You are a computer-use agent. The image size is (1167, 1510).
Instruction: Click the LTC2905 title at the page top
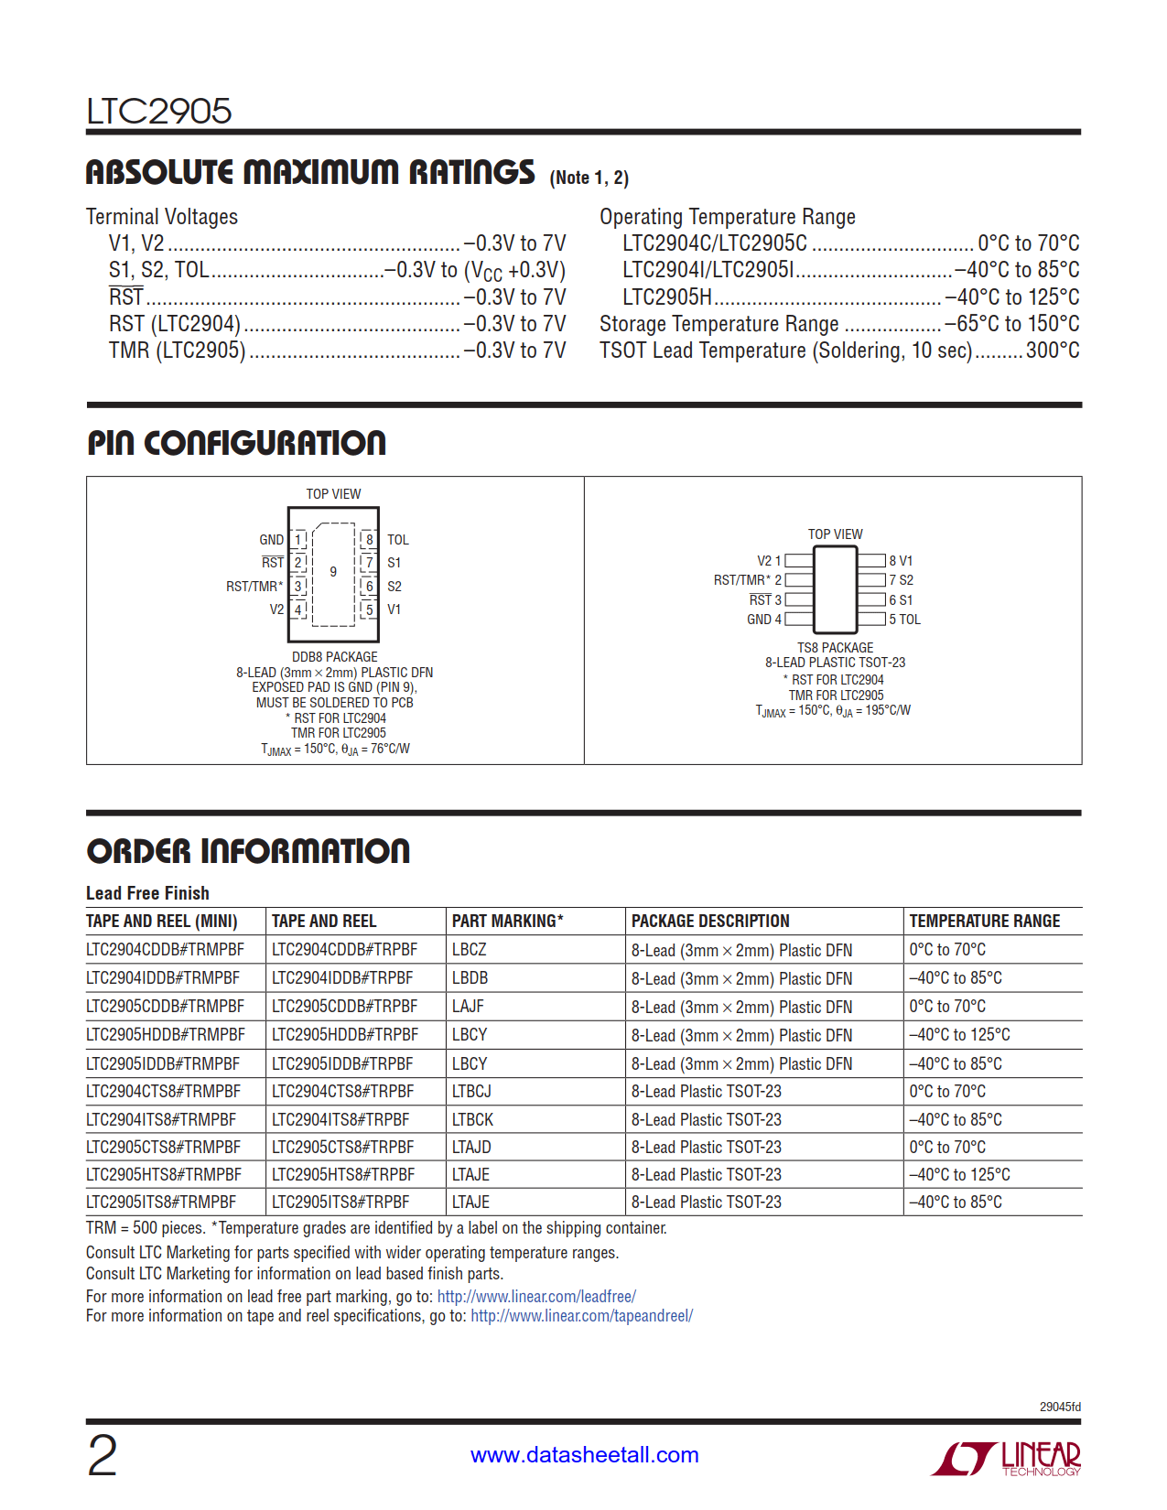click(x=159, y=112)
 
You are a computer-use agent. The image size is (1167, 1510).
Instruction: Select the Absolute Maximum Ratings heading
click(x=310, y=173)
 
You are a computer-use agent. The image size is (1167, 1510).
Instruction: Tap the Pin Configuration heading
click(x=236, y=444)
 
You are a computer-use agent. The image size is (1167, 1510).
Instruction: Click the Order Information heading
click(x=248, y=851)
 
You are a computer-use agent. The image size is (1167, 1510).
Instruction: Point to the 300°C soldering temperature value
click(x=1053, y=351)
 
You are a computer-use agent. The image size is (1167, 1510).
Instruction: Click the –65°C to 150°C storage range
click(x=1011, y=324)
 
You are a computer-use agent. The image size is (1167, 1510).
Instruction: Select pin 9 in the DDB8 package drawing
click(x=333, y=572)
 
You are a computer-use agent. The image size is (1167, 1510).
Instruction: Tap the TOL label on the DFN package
click(x=398, y=540)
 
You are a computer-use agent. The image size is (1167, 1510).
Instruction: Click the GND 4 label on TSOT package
click(x=764, y=620)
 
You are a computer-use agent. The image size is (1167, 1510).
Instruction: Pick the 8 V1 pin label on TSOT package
click(x=901, y=561)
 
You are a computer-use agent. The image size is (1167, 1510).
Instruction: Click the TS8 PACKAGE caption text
click(x=835, y=648)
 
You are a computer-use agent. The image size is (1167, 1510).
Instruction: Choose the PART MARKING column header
click(x=507, y=922)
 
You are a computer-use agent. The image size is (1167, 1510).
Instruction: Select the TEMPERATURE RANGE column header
click(x=984, y=922)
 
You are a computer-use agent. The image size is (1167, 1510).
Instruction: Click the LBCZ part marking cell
click(x=470, y=950)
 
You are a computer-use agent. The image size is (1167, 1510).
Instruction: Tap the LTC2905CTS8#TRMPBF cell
click(x=164, y=1148)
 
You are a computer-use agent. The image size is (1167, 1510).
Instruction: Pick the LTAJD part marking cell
click(x=471, y=1148)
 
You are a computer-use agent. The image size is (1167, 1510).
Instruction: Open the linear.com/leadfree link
click(x=536, y=1297)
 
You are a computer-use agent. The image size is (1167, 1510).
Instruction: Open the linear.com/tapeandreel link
click(x=581, y=1316)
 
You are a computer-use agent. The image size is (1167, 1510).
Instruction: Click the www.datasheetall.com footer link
click(x=584, y=1455)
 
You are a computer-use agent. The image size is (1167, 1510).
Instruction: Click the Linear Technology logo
click(x=1006, y=1457)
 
